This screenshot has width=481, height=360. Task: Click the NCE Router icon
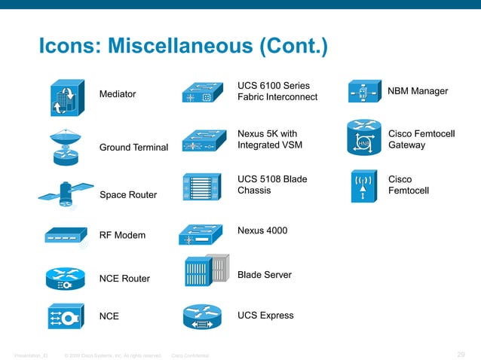point(66,278)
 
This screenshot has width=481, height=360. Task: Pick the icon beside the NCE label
point(66,316)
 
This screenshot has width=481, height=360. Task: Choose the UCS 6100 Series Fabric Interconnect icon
point(203,93)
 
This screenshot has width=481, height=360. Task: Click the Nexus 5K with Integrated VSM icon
point(203,142)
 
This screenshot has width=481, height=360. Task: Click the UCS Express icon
point(202,318)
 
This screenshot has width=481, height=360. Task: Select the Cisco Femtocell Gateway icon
point(363,138)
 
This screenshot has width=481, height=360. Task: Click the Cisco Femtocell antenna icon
point(363,186)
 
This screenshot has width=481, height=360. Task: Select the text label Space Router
point(128,195)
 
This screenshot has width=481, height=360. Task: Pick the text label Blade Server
point(264,275)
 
